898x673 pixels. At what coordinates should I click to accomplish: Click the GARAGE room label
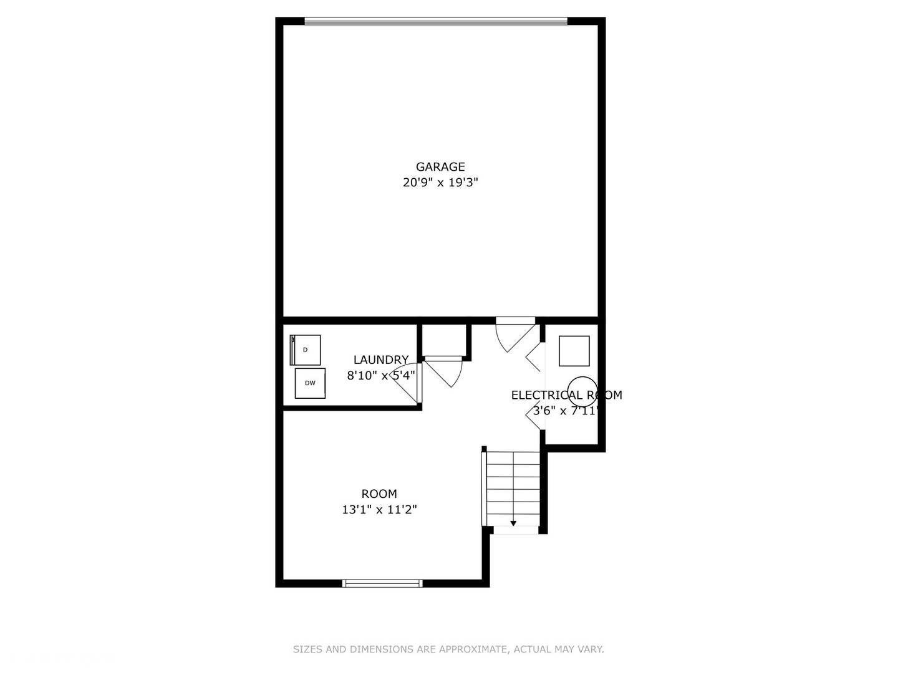[x=440, y=166]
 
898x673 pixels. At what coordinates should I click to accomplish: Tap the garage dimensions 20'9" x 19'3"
[x=440, y=183]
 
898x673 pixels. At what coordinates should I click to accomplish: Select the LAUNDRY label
[x=380, y=360]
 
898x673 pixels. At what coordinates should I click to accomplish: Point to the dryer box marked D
[x=306, y=350]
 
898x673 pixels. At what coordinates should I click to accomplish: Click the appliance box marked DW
[x=310, y=383]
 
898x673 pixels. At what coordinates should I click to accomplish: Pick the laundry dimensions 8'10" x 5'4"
[x=380, y=375]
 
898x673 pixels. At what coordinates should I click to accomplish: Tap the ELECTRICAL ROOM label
[x=566, y=395]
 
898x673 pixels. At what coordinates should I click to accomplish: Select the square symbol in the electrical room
[x=574, y=351]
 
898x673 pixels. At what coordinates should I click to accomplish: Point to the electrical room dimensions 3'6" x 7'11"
[x=565, y=411]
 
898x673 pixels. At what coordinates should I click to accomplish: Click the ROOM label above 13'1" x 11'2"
[x=379, y=494]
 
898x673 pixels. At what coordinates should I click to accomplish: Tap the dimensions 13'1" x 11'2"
[x=379, y=510]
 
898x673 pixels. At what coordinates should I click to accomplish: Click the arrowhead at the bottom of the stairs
[x=513, y=523]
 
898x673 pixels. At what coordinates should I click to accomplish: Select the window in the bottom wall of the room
[x=382, y=583]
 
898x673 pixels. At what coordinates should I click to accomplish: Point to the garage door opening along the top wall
[x=436, y=21]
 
